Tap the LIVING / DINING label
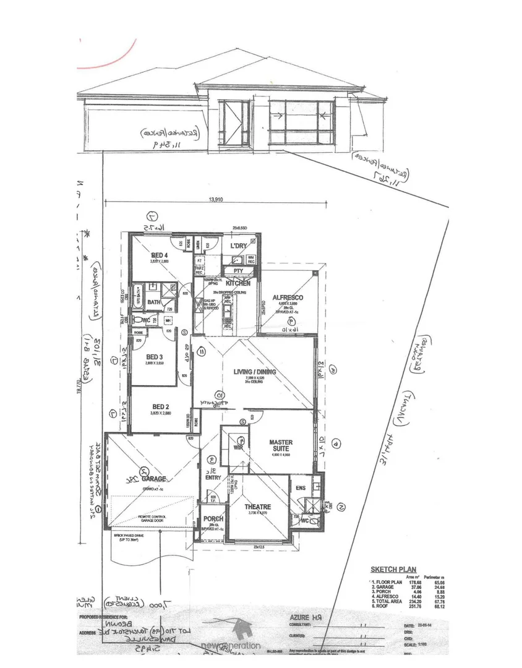coord(255,372)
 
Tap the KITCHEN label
coord(237,283)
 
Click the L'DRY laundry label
coord(239,247)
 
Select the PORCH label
coord(213,518)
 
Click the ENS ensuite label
coord(301,489)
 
